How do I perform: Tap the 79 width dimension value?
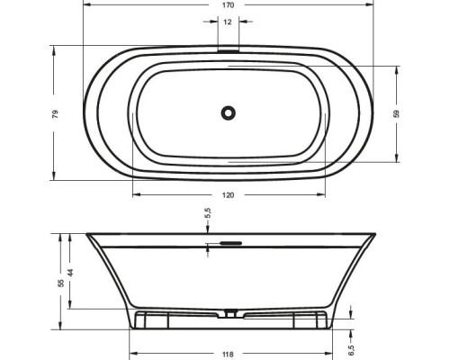(x=55, y=114)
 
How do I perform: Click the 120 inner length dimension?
(x=228, y=195)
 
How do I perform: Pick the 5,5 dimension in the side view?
(x=208, y=215)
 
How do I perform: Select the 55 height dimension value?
(x=61, y=283)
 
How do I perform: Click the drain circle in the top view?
(x=228, y=112)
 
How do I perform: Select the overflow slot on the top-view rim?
(x=228, y=50)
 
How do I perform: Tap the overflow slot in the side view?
(x=228, y=241)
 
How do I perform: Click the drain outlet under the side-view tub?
(x=231, y=314)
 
